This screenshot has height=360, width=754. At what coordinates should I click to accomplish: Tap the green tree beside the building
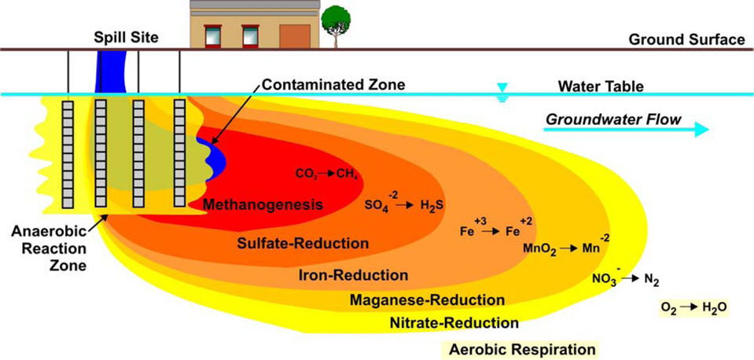click(x=337, y=20)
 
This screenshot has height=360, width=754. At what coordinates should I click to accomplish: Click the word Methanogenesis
click(x=263, y=205)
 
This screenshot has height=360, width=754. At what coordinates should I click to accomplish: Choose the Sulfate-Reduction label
click(x=303, y=243)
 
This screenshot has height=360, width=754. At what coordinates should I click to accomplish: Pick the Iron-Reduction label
click(x=353, y=275)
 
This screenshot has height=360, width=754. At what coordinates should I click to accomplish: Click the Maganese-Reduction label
click(x=426, y=299)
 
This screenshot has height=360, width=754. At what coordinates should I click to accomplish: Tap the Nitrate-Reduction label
click(x=454, y=322)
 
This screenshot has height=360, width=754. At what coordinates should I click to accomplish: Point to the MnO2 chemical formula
click(x=539, y=248)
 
